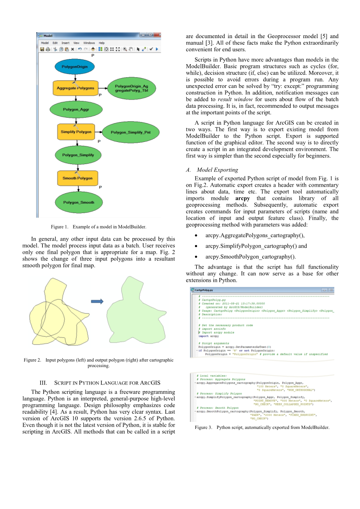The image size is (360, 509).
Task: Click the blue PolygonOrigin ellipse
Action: pyautogui.click(x=74, y=67)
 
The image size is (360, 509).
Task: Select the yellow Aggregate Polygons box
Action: pyautogui.click(x=76, y=88)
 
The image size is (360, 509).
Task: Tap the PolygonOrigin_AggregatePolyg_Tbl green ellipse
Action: pyautogui.click(x=132, y=88)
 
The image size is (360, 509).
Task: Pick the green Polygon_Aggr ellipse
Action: pyautogui.click(x=76, y=110)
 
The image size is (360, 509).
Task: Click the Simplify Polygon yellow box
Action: pyautogui.click(x=76, y=132)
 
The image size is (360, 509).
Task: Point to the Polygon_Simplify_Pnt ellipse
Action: pyautogui.click(x=130, y=132)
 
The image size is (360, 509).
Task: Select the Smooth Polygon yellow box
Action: pyautogui.click(x=77, y=178)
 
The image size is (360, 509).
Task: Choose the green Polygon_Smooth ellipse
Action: pyautogui.click(x=79, y=202)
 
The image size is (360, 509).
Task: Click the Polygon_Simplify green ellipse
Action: pyautogui.click(x=78, y=155)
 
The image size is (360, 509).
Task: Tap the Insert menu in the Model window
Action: pyautogui.click(x=65, y=43)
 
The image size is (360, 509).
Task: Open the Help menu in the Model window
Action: pyautogui.click(x=102, y=43)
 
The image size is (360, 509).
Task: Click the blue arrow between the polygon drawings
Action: pyautogui.click(x=97, y=301)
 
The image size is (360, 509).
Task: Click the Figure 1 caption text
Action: pyautogui.click(x=98, y=227)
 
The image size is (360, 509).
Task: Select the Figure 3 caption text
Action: pyautogui.click(x=262, y=427)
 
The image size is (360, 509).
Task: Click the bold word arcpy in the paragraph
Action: pyautogui.click(x=242, y=198)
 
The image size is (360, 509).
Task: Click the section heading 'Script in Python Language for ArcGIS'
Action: pyautogui.click(x=107, y=383)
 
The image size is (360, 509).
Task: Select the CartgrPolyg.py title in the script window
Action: pyautogui.click(x=204, y=290)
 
